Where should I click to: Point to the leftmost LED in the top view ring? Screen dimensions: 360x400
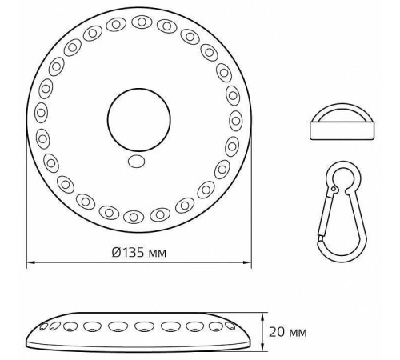click(41, 111)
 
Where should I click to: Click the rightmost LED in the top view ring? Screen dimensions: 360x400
click(235, 120)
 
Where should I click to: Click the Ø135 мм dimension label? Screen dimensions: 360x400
click(141, 252)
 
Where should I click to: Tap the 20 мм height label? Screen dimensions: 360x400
click(288, 330)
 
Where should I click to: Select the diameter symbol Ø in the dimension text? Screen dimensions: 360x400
click(117, 252)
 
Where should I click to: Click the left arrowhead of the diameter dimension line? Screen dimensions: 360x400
click(30, 262)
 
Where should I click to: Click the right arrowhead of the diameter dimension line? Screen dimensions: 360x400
click(246, 262)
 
